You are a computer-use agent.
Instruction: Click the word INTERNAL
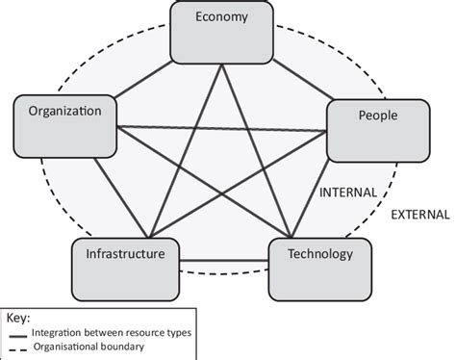point(347,193)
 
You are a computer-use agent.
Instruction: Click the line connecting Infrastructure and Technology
point(223,260)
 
